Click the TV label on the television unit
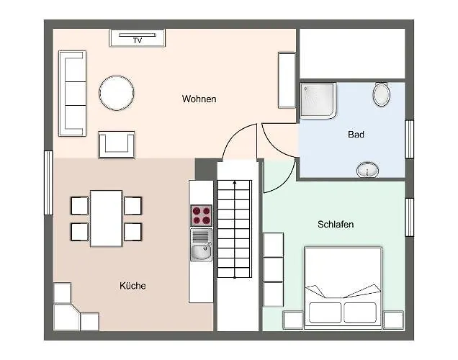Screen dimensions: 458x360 click(x=138, y=40)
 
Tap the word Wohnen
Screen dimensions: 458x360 click(x=199, y=99)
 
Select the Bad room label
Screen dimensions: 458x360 click(x=356, y=135)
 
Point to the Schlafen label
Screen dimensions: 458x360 click(x=336, y=224)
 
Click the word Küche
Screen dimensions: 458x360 click(x=133, y=286)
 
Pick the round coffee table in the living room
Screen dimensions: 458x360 click(x=117, y=93)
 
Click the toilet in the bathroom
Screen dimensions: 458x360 click(x=382, y=94)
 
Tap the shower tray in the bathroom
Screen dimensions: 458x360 click(x=318, y=101)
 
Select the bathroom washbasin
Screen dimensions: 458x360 click(x=367, y=170)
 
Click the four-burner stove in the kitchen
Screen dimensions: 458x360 click(x=201, y=215)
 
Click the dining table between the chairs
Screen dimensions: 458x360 click(x=106, y=218)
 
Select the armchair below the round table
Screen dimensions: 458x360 click(x=117, y=145)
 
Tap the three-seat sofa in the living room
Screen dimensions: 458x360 click(x=73, y=94)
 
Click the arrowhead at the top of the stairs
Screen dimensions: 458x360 click(x=235, y=182)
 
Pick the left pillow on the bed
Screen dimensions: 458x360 click(x=325, y=312)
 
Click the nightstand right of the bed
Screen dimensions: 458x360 click(x=393, y=320)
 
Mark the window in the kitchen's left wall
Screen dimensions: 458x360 click(x=48, y=183)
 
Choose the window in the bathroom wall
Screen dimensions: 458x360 click(x=409, y=139)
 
